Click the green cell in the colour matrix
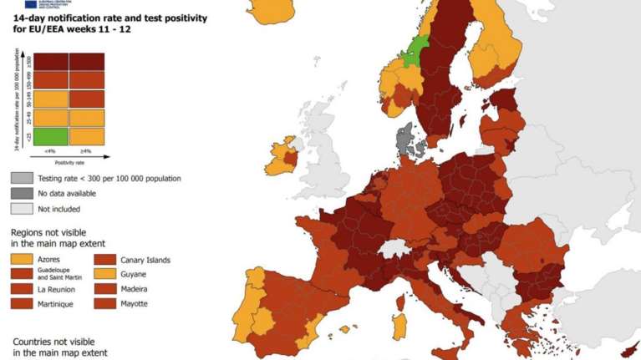point(51,136)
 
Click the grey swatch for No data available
point(22,193)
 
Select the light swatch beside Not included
point(22,208)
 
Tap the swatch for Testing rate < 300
point(22,178)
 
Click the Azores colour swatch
point(22,260)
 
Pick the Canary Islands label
point(145,260)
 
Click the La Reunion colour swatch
point(22,289)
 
